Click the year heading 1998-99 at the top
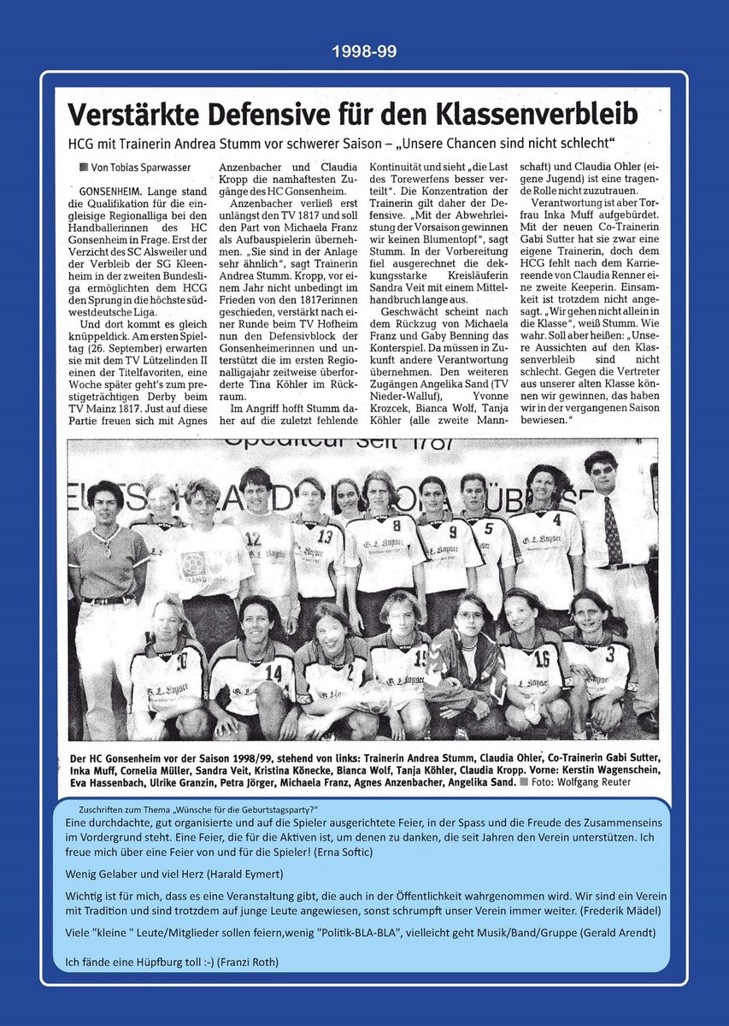(x=364, y=52)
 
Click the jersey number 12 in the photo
(x=253, y=539)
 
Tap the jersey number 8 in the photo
(x=396, y=524)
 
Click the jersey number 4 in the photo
(x=556, y=519)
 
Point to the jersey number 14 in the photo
(x=273, y=672)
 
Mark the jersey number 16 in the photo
(x=541, y=659)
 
